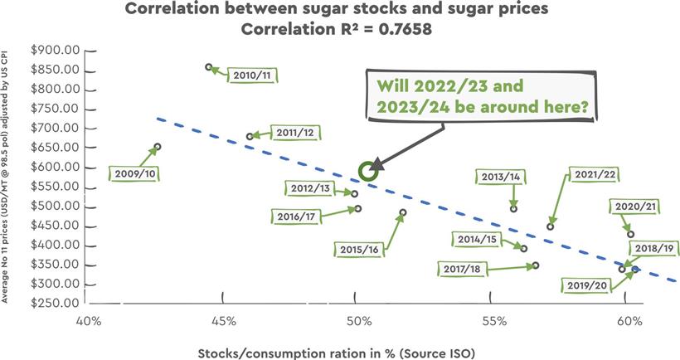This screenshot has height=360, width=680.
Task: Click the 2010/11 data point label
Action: coord(252,75)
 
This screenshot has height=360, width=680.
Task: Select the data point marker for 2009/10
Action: coord(158,147)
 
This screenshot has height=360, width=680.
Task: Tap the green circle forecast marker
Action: coord(368,171)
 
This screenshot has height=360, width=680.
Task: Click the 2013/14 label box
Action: coord(500,177)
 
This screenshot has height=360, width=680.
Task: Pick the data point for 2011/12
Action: coord(250,136)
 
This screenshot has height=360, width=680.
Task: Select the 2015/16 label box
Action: coord(359,249)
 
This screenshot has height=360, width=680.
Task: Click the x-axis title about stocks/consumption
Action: coord(337,352)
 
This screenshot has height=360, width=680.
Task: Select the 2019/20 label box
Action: coord(587,286)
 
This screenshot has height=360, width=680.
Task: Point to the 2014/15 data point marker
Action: coord(523,248)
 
